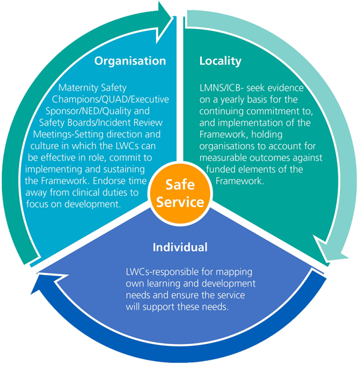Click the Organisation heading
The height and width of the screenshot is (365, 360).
click(130, 61)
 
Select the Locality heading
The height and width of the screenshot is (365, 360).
click(220, 61)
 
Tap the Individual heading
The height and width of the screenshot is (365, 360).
click(180, 247)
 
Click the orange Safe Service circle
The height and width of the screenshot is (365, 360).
click(180, 193)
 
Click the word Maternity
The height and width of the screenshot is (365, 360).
click(74, 87)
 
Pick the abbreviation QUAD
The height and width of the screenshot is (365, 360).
click(116, 99)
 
